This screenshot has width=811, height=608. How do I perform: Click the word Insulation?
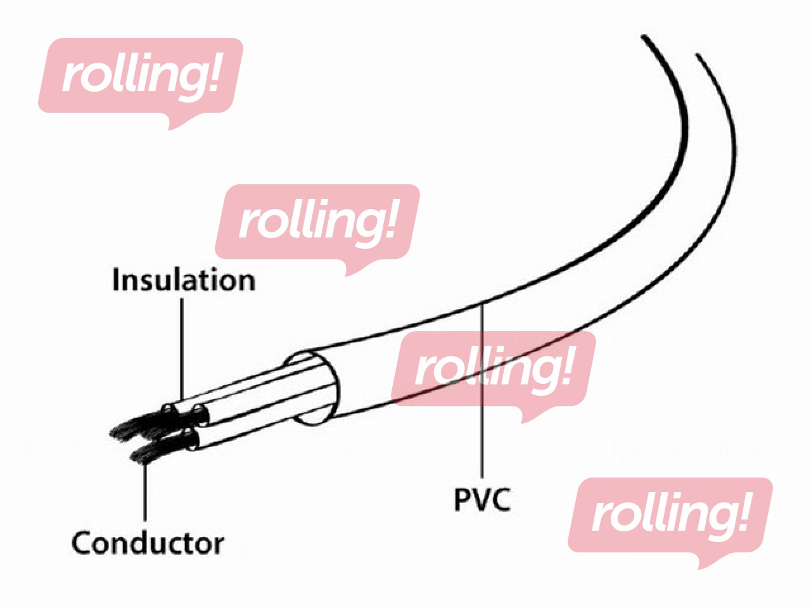184,281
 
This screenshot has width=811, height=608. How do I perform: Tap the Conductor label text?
148,543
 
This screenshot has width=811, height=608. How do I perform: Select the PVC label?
483,499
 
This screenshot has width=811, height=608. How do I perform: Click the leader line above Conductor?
145,494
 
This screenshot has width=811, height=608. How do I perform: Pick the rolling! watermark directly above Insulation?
317,222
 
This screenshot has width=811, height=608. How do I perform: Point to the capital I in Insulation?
116,280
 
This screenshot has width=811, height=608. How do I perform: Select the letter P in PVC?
463,499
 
